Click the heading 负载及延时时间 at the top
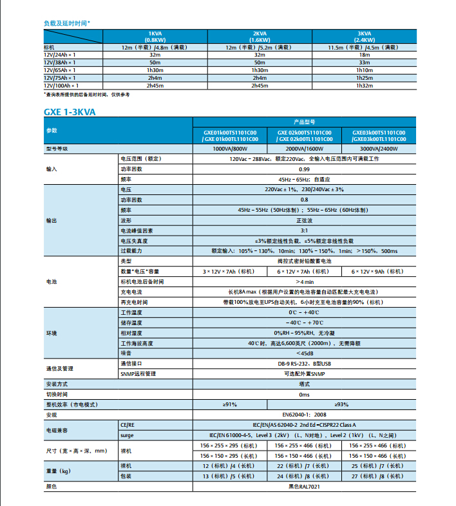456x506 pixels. coord(66,23)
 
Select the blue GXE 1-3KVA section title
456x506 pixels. coord(70,111)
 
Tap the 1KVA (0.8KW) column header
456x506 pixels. coord(155,36)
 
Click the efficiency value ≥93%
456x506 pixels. coord(341,404)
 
